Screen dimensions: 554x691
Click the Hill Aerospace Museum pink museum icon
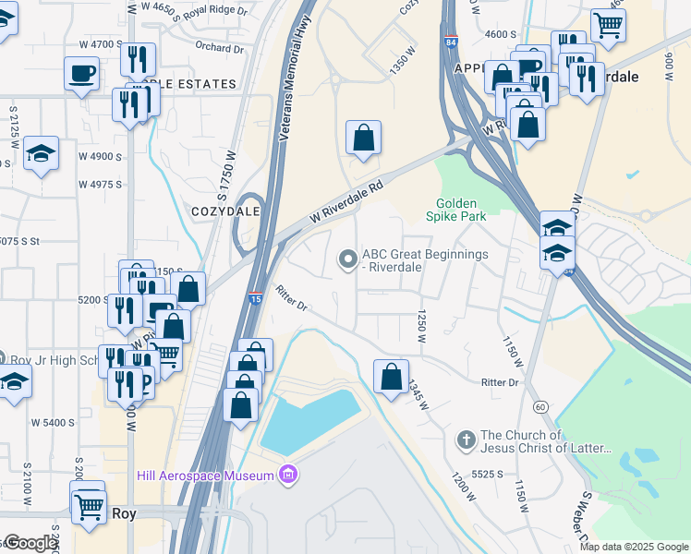coord(288,476)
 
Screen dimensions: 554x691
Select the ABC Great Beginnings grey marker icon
coord(348,261)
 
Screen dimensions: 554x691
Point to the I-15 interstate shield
coord(254,297)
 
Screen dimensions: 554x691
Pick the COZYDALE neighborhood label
coord(220,211)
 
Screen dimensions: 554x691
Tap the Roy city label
coord(124,512)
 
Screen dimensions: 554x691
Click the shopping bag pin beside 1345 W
coord(391,377)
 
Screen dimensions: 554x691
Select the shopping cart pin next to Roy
coord(89,505)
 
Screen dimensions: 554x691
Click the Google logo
coord(30,543)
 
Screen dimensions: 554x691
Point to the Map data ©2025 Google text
coord(633,547)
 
